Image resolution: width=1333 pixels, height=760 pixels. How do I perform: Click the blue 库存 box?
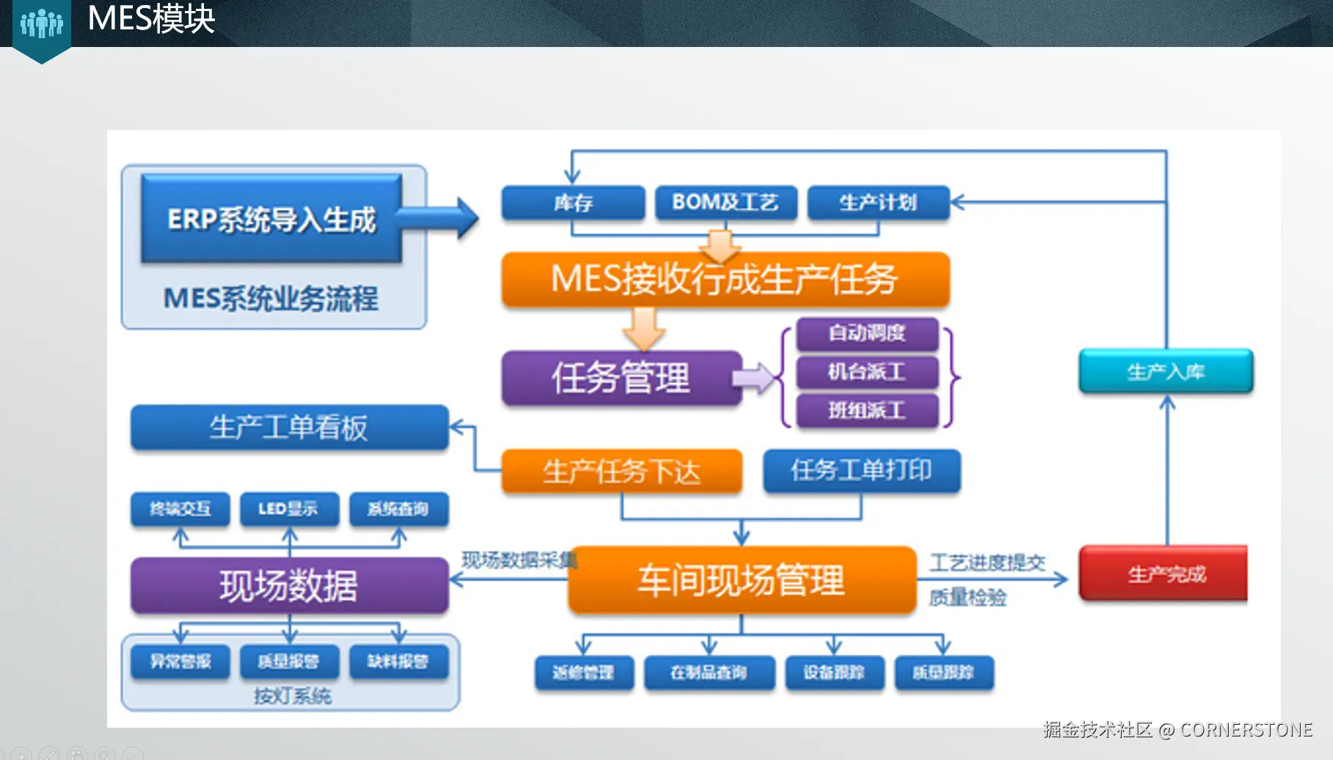tap(573, 203)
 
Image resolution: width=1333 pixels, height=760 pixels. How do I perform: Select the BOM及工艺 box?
tap(725, 203)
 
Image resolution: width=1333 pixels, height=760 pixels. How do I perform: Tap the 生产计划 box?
tap(878, 203)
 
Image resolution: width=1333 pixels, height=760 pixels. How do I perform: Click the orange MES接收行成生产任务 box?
tap(725, 280)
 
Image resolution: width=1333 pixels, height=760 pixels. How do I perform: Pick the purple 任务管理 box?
tap(621, 378)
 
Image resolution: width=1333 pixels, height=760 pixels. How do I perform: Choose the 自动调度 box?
tap(867, 333)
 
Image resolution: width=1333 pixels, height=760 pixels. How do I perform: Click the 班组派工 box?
tap(867, 410)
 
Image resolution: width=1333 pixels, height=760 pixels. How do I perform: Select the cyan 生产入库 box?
tap(1166, 372)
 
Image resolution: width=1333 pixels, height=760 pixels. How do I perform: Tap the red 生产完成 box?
tap(1164, 573)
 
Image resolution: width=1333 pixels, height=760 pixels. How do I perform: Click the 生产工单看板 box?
tap(289, 427)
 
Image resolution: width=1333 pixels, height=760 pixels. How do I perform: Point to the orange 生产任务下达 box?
tap(621, 471)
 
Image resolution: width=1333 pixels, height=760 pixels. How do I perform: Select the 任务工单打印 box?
tap(861, 471)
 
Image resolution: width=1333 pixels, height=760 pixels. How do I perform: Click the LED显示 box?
tap(289, 509)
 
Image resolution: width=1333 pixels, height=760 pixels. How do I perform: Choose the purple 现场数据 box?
tap(289, 586)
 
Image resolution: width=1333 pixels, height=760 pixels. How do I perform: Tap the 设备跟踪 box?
tap(834, 673)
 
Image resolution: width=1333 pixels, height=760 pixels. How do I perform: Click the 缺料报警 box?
tap(398, 662)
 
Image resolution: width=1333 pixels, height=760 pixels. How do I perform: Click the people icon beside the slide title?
tap(42, 24)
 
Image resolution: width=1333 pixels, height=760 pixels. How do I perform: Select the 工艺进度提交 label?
tap(987, 563)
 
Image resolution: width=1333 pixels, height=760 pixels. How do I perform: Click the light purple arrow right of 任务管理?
tap(754, 378)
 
